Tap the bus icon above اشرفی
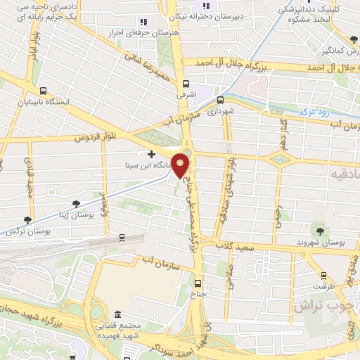tap(181, 80)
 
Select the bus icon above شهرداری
tap(221, 100)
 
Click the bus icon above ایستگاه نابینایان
tap(44, 91)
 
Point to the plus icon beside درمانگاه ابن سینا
tap(151, 153)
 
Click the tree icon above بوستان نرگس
tap(27, 220)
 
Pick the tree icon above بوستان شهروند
tap(320, 231)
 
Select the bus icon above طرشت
tap(324, 276)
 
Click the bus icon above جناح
tap(198, 283)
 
